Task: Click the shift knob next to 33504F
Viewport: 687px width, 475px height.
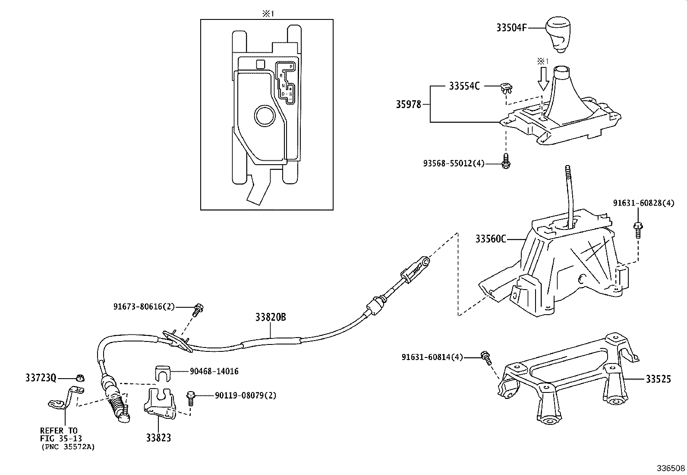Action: tap(560, 34)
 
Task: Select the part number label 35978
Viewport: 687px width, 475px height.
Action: tap(408, 104)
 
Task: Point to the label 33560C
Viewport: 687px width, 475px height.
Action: tap(491, 239)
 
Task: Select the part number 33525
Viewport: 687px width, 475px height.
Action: tap(658, 379)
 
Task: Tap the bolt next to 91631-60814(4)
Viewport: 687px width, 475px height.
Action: tap(486, 358)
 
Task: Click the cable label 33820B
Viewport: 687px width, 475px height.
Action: tap(270, 318)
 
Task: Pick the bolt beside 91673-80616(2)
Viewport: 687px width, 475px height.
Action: tap(198, 309)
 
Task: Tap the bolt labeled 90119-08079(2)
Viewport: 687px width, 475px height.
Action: tap(191, 397)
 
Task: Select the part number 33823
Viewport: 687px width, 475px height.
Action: tap(158, 438)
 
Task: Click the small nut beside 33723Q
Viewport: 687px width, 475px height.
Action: tap(79, 378)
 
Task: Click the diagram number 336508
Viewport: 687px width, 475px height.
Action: tap(671, 468)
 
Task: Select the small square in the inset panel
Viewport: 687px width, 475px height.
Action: tap(260, 64)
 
